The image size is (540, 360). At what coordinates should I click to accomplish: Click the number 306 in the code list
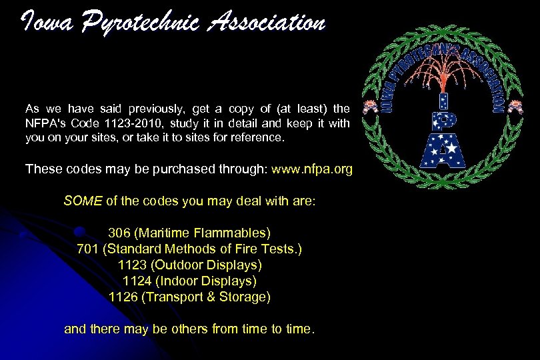pos(118,233)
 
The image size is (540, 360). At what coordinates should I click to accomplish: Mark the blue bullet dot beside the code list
pos(79,232)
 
